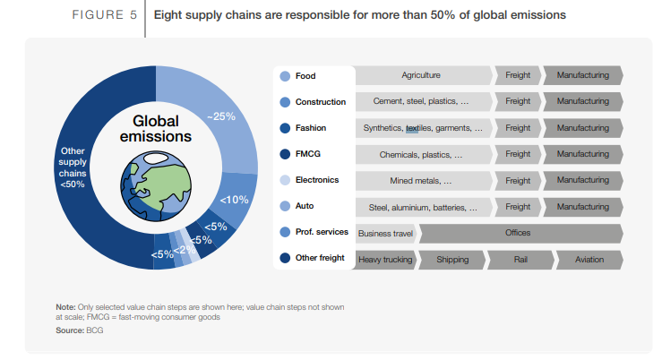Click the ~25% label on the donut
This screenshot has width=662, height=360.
coord(221,116)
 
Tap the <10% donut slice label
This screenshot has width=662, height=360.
coord(234,199)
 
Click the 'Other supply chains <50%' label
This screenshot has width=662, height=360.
coord(72,167)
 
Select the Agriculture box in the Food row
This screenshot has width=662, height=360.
coord(421,76)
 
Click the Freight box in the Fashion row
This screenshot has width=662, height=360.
coord(518,128)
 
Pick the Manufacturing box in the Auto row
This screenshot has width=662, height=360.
coord(582,207)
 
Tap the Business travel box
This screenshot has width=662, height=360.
coord(385,234)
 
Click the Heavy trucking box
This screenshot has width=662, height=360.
coord(385,260)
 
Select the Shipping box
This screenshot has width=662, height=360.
coord(452,260)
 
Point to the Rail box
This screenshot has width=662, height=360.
coord(520,260)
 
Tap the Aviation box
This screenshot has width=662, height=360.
coord(588,260)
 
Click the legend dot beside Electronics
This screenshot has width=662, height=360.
coord(285,180)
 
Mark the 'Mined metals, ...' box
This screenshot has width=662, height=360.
coord(421,181)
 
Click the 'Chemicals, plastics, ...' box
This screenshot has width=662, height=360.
coord(421,155)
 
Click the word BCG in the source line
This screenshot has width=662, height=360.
coord(95,330)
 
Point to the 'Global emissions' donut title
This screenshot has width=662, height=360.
coord(156,129)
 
